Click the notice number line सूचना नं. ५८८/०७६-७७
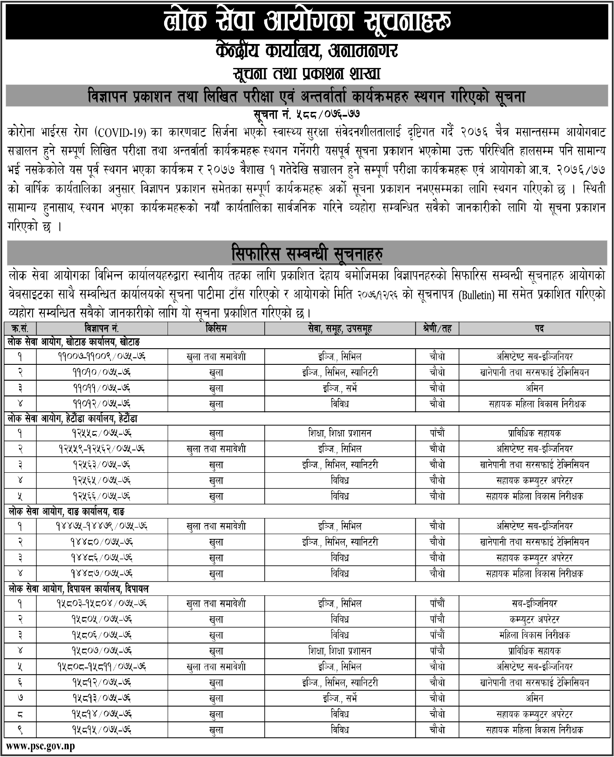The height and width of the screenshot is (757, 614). tap(307, 116)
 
